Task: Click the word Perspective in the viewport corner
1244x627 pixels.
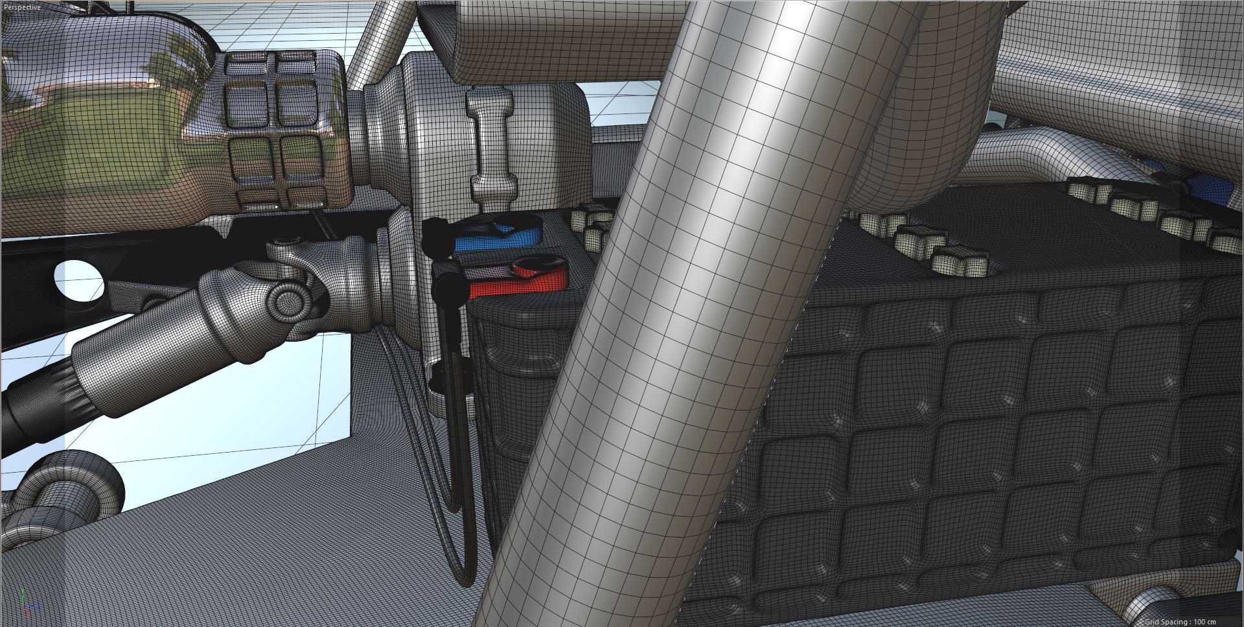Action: point(22,7)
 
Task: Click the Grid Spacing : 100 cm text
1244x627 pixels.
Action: point(1190,621)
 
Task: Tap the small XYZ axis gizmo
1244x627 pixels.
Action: point(25,602)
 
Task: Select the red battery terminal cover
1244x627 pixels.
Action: point(518,279)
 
